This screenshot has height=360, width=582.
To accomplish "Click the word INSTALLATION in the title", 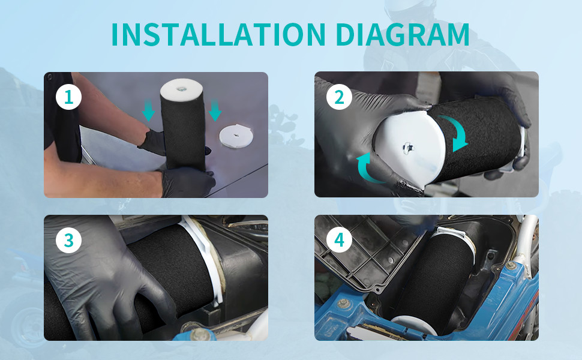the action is pyautogui.click(x=218, y=35).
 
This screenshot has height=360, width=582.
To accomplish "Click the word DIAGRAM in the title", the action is pyautogui.click(x=403, y=35).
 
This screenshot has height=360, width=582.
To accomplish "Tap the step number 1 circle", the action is pyautogui.click(x=68, y=97).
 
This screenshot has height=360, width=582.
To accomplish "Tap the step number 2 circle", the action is pyautogui.click(x=339, y=97).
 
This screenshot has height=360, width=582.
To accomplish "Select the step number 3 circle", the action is pyautogui.click(x=68, y=240).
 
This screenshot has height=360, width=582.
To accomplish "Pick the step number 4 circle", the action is pyautogui.click(x=339, y=240).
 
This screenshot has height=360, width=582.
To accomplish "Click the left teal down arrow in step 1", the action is pyautogui.click(x=148, y=110).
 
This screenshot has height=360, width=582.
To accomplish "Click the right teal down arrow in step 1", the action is pyautogui.click(x=215, y=110).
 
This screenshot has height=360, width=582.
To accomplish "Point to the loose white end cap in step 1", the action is pyautogui.click(x=236, y=136).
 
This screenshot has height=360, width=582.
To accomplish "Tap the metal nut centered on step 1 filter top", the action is pyautogui.click(x=182, y=89).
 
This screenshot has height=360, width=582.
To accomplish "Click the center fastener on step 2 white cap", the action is pyautogui.click(x=408, y=147).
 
